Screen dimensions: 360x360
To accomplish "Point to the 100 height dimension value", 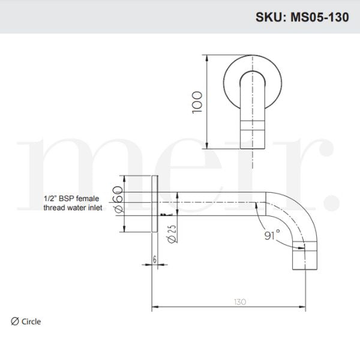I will [199, 103].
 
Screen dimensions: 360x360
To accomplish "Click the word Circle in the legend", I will [31, 322].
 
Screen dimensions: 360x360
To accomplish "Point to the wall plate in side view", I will [156, 203].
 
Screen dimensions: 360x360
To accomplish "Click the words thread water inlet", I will [73, 208].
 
